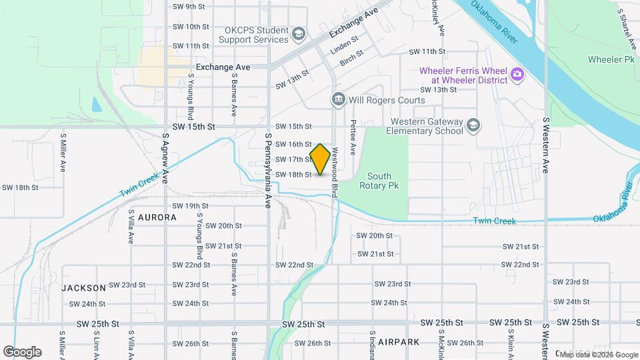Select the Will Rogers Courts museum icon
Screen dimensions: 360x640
[338, 100]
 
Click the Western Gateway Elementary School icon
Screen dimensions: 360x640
[473, 125]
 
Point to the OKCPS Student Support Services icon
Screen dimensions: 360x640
[298, 33]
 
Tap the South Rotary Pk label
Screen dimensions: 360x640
[379, 181]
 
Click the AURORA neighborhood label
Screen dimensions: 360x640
[157, 217]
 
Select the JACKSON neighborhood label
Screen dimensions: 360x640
[84, 288]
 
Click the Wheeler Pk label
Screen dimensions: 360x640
[611, 60]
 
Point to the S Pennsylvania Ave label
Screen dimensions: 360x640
[268, 171]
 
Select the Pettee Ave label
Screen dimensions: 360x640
[353, 137]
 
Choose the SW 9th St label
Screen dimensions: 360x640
[189, 7]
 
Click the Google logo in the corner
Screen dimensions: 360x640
[22, 352]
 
